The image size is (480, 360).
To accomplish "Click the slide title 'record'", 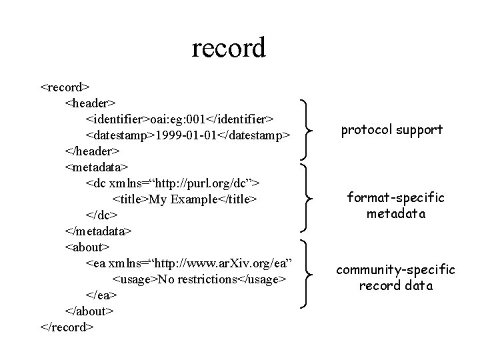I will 229,48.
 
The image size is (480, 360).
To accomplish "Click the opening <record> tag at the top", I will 65,87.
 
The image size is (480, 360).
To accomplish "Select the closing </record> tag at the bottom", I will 67,327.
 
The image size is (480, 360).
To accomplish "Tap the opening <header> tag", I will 91,103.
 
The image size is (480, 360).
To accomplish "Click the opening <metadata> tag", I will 97,167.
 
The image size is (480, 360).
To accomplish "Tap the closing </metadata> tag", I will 99,231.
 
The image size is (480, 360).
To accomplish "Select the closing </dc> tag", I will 101,215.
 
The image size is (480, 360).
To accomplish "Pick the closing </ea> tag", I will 101,295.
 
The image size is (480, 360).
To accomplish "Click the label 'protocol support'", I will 391,130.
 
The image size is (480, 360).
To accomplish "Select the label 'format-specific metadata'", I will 395,205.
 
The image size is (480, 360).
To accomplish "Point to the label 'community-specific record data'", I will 395,277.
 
